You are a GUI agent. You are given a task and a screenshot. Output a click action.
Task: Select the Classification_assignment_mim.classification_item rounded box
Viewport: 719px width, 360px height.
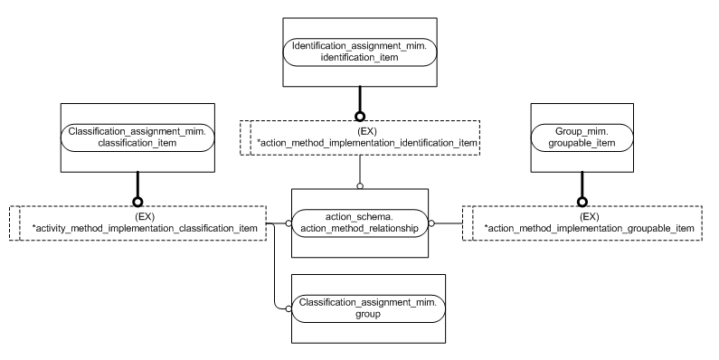point(137,137)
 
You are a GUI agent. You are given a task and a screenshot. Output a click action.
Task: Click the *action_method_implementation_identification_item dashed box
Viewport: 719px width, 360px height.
point(360,137)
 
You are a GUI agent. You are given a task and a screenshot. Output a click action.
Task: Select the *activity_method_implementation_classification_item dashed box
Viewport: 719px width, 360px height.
point(137,223)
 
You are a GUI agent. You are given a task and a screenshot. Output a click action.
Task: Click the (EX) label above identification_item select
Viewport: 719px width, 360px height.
point(360,131)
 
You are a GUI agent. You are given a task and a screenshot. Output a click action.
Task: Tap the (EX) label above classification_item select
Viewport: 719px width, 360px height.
point(138,216)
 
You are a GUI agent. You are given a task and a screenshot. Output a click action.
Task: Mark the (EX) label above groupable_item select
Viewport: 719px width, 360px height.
point(589,216)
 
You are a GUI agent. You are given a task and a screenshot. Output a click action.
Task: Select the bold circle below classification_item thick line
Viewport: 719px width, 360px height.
point(137,202)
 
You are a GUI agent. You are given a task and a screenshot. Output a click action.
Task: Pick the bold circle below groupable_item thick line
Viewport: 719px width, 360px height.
point(582,202)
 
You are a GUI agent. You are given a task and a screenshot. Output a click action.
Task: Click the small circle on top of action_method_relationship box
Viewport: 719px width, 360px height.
point(360,186)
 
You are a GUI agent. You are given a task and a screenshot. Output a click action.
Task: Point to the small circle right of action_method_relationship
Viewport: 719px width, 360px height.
point(430,223)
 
